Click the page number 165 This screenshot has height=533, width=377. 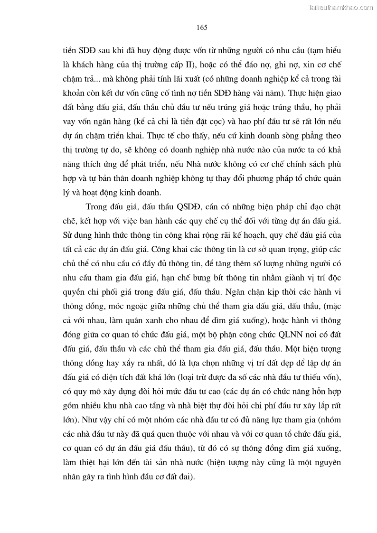pos(202,27)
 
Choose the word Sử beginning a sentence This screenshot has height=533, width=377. pos(69,236)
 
